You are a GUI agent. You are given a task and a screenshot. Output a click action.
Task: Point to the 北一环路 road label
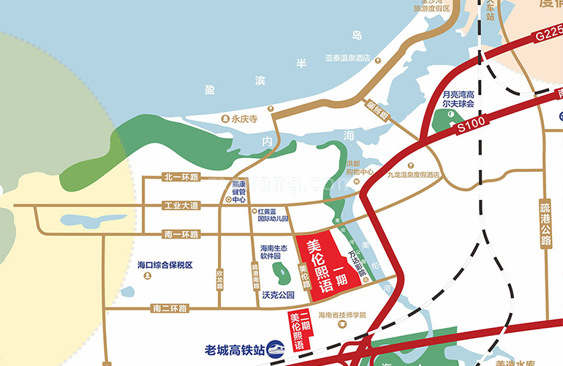click(181, 177)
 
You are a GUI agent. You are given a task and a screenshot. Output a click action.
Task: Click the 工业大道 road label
click(181, 206)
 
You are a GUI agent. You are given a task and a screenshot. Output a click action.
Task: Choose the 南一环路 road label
click(181, 234)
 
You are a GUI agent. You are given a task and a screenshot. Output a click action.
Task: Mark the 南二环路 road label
click(170, 308)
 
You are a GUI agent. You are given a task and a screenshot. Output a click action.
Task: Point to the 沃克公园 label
click(277, 295)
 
